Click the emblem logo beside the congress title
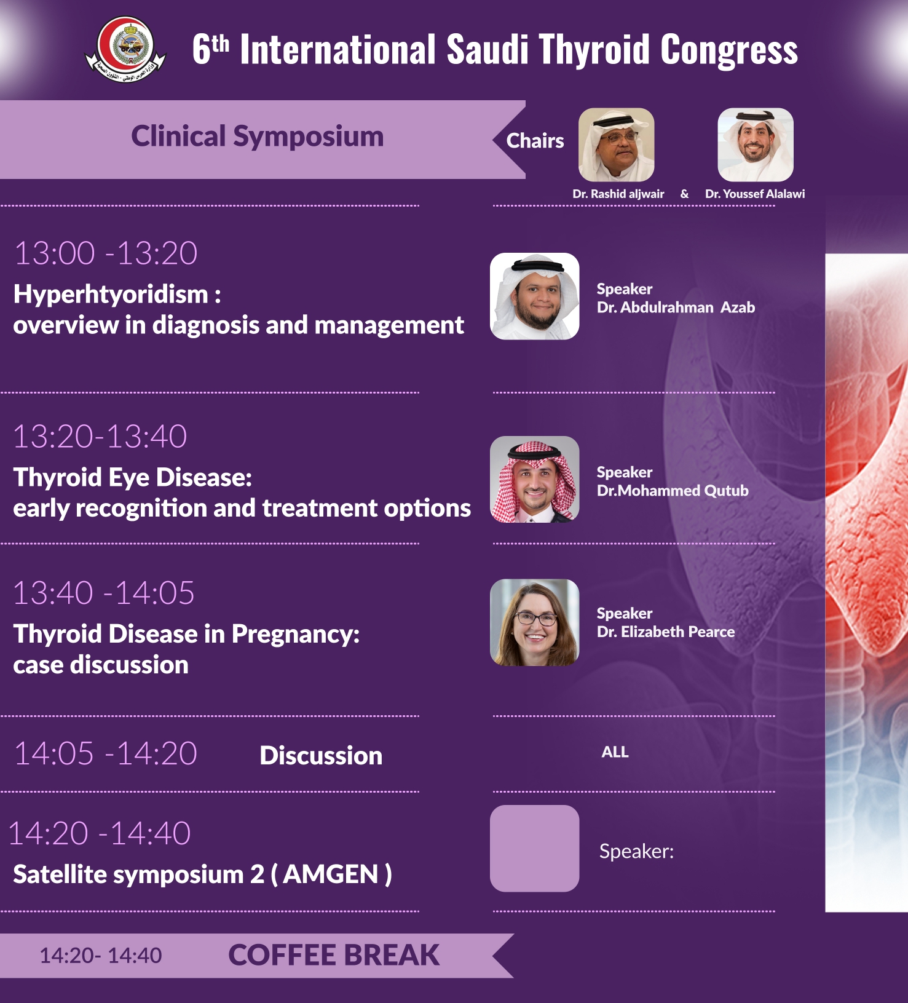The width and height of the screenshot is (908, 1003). [125, 50]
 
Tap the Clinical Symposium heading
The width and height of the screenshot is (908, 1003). [257, 137]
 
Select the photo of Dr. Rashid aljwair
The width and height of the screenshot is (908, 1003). [616, 145]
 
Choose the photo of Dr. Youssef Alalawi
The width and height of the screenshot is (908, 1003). [756, 145]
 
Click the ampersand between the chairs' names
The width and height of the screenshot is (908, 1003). [684, 194]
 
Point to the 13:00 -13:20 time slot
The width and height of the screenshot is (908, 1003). [106, 253]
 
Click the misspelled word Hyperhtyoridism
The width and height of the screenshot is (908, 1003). [111, 294]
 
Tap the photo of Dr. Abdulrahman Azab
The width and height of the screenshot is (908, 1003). [534, 296]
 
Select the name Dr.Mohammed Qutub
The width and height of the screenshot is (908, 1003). [673, 491]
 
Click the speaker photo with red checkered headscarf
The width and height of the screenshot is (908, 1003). [534, 480]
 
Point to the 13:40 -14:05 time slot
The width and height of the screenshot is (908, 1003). [104, 593]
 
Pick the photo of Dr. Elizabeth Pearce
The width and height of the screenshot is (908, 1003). [534, 622]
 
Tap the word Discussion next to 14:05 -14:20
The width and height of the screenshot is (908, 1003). [321, 756]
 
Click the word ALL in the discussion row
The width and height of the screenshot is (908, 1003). [615, 752]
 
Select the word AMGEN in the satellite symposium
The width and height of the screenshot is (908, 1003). [331, 874]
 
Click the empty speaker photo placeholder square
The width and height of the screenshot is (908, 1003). [534, 849]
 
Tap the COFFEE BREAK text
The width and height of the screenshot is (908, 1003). [334, 955]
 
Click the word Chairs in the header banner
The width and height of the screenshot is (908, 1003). [535, 141]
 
